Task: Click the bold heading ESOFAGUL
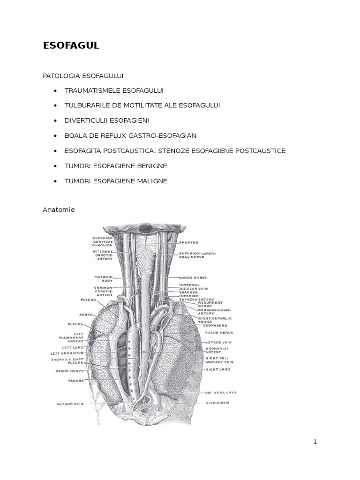[71, 45]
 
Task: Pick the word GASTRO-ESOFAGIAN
[164, 135]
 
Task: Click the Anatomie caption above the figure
[59, 210]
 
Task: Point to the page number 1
[315, 442]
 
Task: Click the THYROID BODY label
[103, 279]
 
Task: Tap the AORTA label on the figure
[85, 315]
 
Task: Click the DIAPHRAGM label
[217, 403]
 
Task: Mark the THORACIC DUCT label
[67, 360]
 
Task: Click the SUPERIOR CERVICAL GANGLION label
[102, 241]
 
